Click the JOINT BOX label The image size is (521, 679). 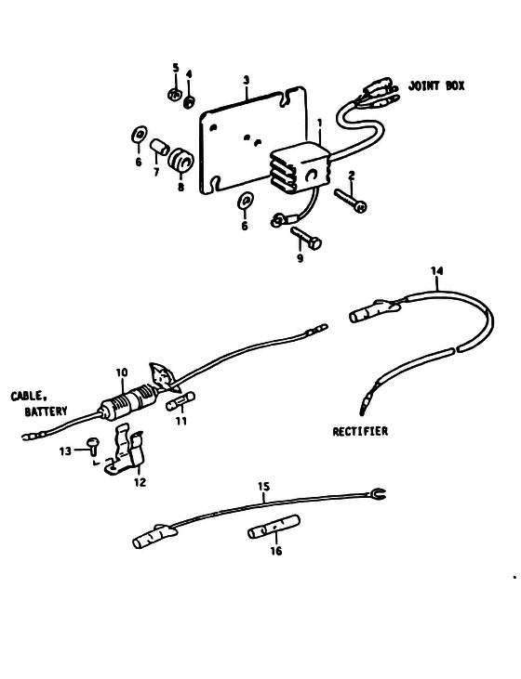(436, 85)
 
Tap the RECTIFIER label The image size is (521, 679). (360, 431)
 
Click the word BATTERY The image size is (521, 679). (46, 411)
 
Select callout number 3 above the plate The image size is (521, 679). (246, 80)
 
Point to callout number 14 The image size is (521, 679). (437, 271)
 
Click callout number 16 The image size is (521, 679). (276, 551)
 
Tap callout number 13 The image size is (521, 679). (65, 451)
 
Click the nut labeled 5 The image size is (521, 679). (174, 95)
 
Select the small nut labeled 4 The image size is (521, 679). (189, 102)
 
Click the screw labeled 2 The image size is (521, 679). (351, 200)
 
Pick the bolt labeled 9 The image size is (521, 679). (306, 238)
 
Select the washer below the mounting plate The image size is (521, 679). (246, 202)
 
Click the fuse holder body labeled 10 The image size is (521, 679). (127, 403)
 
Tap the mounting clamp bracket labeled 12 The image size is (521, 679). (125, 451)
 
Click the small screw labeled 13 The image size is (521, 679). (93, 446)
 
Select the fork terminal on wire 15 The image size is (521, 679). (377, 493)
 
